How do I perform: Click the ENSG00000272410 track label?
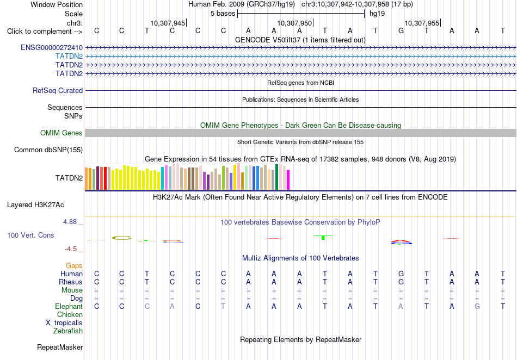tap(52, 48)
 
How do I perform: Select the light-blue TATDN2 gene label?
tap(69, 57)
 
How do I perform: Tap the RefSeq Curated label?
tap(58, 91)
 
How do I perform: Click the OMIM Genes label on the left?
tap(61, 133)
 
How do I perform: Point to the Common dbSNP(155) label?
tap(48, 150)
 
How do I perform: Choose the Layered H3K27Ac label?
tap(35, 205)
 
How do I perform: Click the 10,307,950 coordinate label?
tap(294, 23)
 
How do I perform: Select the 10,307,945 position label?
tap(168, 23)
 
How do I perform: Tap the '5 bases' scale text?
tap(223, 14)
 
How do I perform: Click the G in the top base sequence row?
tap(401, 31)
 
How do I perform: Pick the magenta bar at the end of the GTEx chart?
tap(288, 180)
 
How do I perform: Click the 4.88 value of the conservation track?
tap(70, 222)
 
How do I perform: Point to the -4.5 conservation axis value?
tap(71, 249)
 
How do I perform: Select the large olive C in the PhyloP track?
tap(122, 238)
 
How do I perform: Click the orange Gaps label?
tap(74, 266)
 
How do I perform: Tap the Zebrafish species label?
tap(68, 331)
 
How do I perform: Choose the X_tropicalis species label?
tap(64, 323)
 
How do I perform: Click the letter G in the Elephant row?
tap(477, 307)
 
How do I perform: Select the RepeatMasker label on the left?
tap(60, 347)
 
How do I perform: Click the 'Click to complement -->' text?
tap(45, 32)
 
